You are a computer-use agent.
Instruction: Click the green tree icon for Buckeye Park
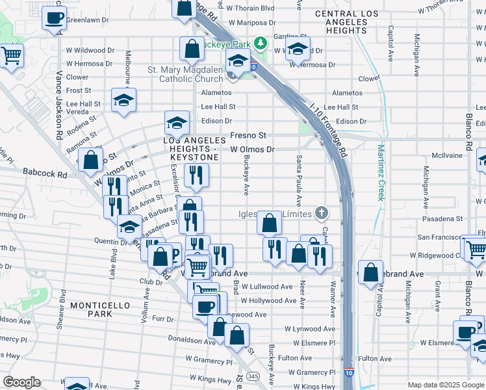pyautogui.click(x=261, y=43)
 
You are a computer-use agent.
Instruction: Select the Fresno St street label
pyautogui.click(x=249, y=136)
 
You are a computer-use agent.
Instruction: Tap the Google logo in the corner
pyautogui.click(x=21, y=382)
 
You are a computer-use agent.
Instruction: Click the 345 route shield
pyautogui.click(x=252, y=377)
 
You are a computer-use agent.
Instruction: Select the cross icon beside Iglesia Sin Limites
pyautogui.click(x=320, y=213)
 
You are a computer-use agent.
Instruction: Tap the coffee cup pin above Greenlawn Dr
pyautogui.click(x=55, y=18)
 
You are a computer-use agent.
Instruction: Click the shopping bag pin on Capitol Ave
pyautogui.click(x=370, y=272)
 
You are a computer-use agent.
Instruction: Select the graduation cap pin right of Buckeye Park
pyautogui.click(x=298, y=50)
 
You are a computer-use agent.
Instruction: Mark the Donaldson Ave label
pyautogui.click(x=192, y=339)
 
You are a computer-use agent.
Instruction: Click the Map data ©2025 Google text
pyautogui.click(x=445, y=385)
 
